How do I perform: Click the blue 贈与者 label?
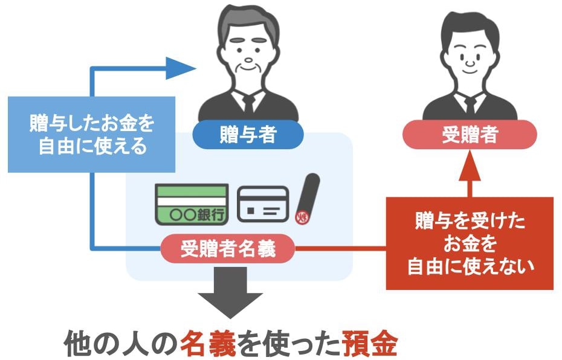pyautogui.click(x=248, y=135)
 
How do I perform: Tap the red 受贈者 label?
pyautogui.click(x=470, y=135)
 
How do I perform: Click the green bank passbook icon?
pyautogui.click(x=192, y=204)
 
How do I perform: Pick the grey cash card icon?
pyautogui.click(x=263, y=204)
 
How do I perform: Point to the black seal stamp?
pyautogui.click(x=307, y=199)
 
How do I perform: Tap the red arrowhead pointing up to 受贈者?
pyautogui.click(x=470, y=165)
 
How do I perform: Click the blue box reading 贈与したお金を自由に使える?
pyautogui.click(x=91, y=134)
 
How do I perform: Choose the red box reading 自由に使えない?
pyautogui.click(x=470, y=243)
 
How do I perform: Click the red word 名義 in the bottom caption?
pyautogui.click(x=207, y=343)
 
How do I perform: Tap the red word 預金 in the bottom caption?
pyautogui.click(x=369, y=343)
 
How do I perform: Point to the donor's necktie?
pyautogui.click(x=248, y=104)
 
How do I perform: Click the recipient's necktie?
pyautogui.click(x=470, y=104)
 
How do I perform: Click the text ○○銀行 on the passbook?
pyautogui.click(x=198, y=215)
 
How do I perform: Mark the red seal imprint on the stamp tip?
pyautogui.click(x=300, y=217)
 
